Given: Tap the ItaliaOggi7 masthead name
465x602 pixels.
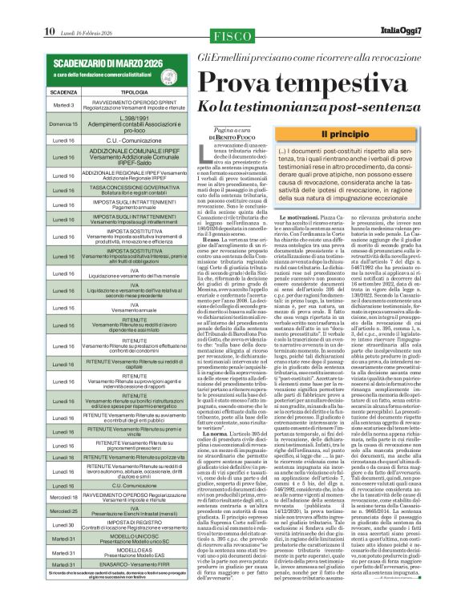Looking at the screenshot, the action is point(430,9).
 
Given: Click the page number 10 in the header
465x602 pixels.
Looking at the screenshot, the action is point(49,9).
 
